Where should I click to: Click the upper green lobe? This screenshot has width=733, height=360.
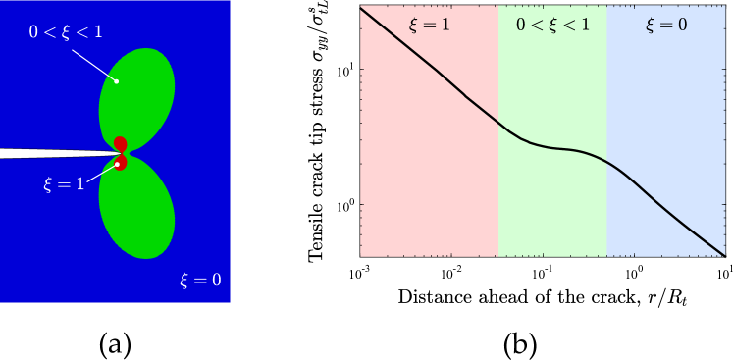coord(139,93)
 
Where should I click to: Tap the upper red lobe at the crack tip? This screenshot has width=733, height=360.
coord(121,143)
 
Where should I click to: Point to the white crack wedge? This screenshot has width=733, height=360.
coord(39,153)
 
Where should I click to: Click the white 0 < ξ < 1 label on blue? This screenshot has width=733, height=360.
coord(66,32)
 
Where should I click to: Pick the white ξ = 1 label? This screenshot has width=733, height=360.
coord(64,184)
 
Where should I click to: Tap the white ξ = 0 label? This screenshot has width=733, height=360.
coord(199,280)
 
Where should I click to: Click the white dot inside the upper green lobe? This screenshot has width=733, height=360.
coord(117,80)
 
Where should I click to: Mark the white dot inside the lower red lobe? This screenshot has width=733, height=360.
coord(117,164)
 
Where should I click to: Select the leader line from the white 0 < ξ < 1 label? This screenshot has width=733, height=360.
coord(93,60)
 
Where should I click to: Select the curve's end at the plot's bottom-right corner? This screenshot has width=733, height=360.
coord(724,255)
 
